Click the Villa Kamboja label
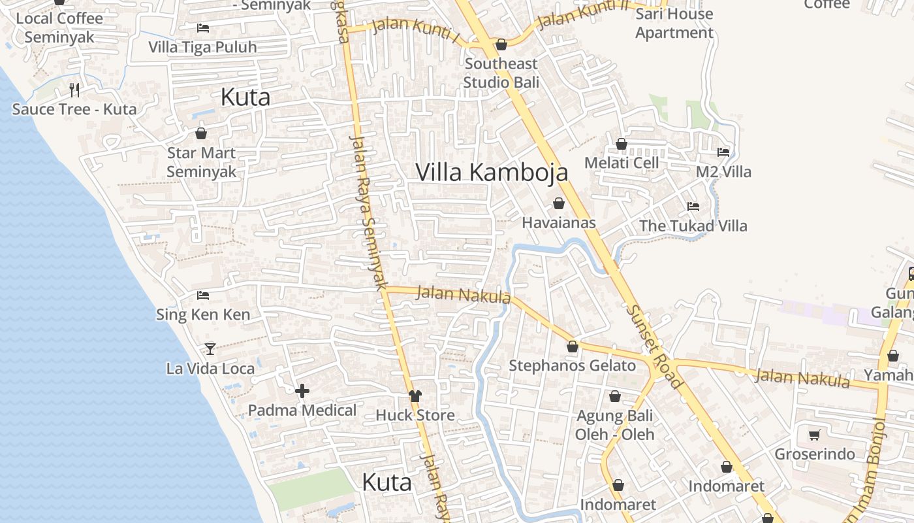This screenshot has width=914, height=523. (492, 173)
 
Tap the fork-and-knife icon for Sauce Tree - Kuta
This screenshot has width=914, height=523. (74, 90)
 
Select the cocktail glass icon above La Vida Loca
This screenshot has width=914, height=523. (210, 348)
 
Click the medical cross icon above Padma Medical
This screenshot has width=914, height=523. (302, 392)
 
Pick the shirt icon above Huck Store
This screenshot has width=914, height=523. (415, 396)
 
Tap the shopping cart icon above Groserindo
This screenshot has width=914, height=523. (814, 435)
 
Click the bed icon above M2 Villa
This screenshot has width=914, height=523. (723, 152)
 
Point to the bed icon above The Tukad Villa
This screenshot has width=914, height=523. (693, 207)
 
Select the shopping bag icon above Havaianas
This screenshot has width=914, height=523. (559, 203)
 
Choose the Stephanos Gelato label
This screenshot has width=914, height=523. (572, 366)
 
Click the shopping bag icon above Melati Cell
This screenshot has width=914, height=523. (622, 144)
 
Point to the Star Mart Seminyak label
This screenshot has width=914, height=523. (201, 162)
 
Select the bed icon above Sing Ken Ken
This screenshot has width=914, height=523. (203, 295)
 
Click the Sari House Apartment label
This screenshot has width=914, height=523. (674, 23)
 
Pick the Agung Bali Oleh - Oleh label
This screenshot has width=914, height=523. (614, 424)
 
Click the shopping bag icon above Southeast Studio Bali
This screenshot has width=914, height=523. (501, 44)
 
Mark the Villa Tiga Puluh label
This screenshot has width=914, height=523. (202, 47)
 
